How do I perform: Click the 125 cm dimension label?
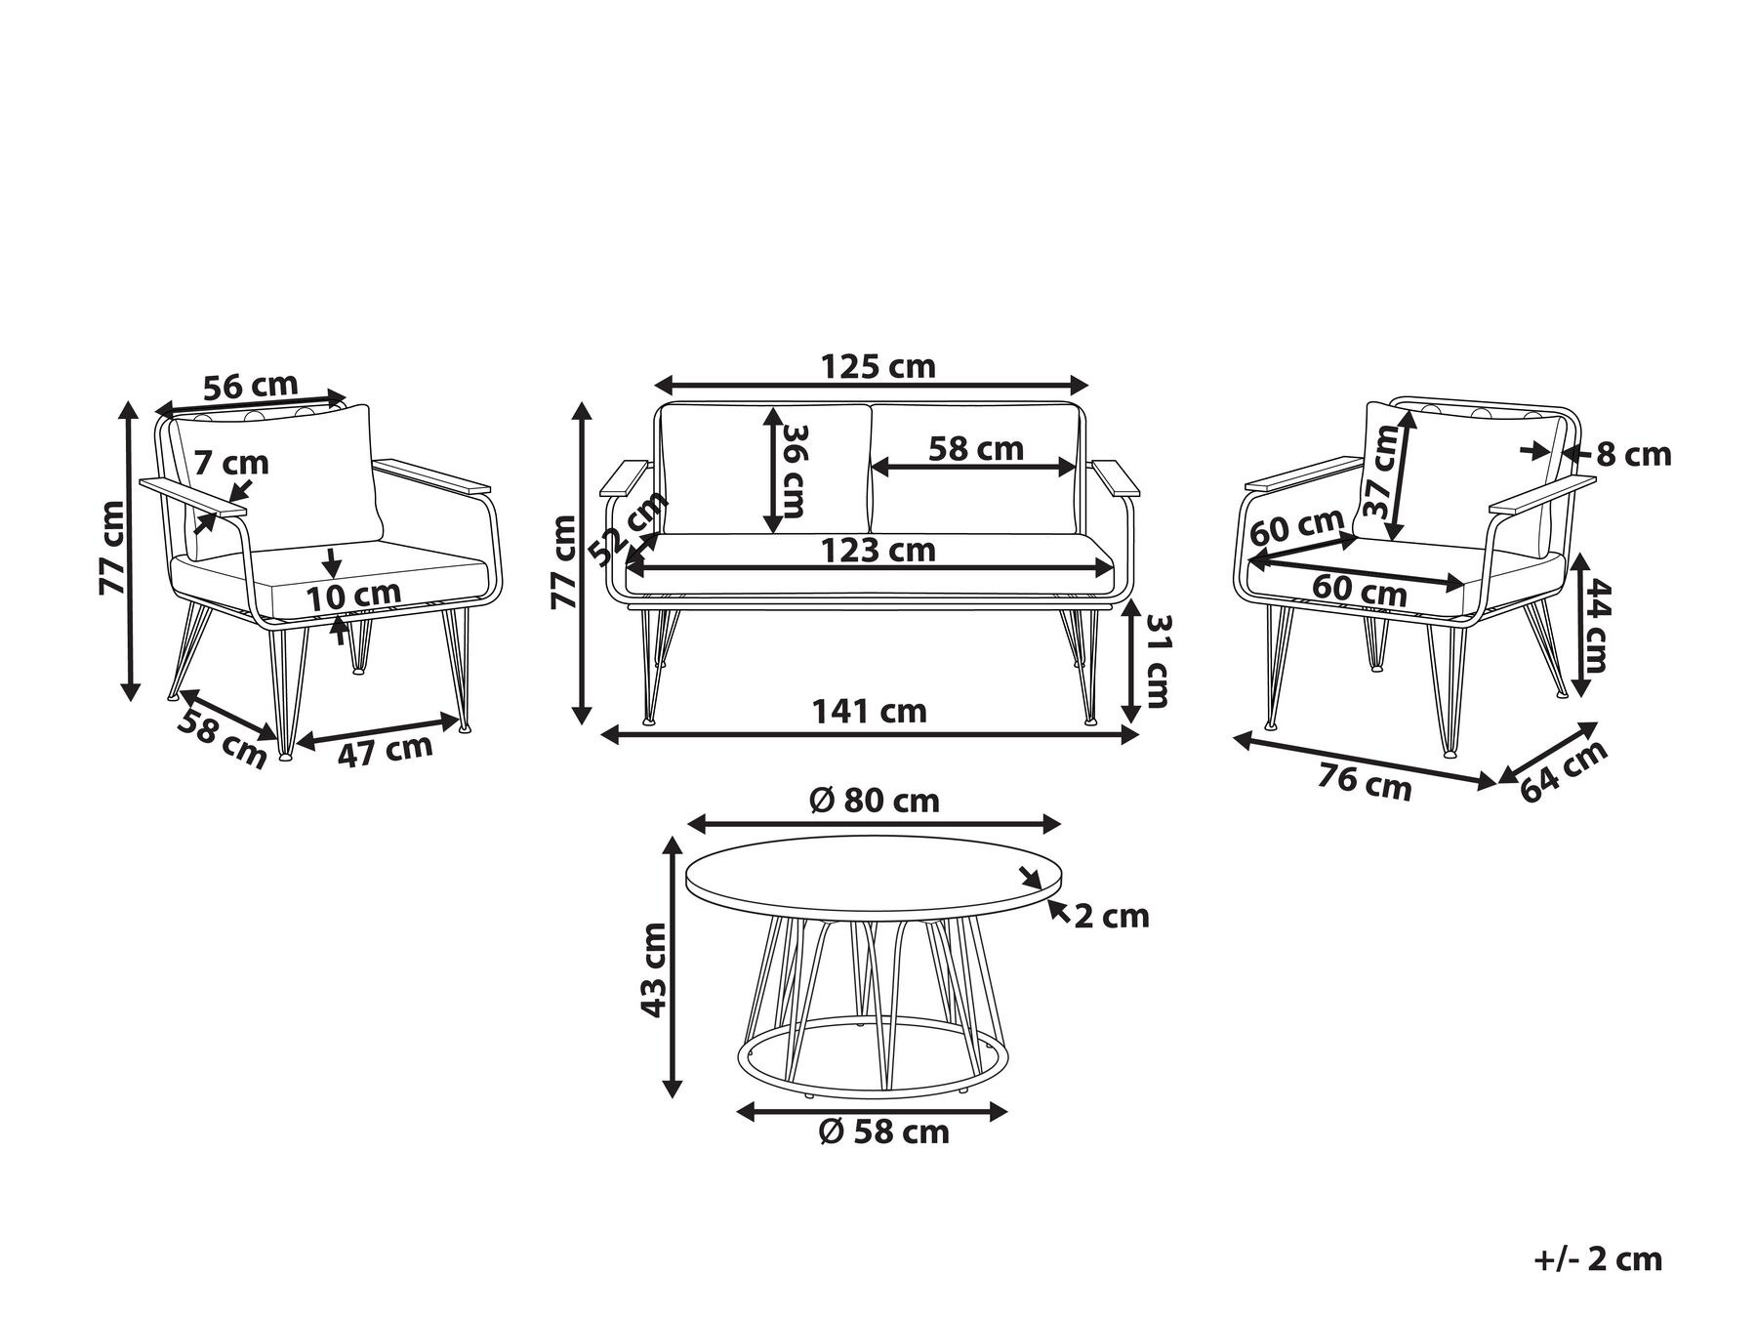[x=878, y=366]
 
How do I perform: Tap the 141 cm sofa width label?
[x=869, y=711]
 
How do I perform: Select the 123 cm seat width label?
[x=878, y=551]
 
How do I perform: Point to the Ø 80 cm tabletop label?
[x=875, y=801]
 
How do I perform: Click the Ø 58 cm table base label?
[x=884, y=1132]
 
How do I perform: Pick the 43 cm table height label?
[x=653, y=969]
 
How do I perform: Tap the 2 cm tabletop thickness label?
[x=1112, y=916]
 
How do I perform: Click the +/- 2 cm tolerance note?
[x=1597, y=1259]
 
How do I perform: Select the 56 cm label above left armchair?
[x=251, y=386]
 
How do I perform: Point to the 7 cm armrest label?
[x=230, y=462]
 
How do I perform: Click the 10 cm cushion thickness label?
[x=353, y=595]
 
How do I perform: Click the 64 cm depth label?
[x=1564, y=771]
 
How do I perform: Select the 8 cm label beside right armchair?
[x=1634, y=454]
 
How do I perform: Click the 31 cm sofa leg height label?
[x=1157, y=661]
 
